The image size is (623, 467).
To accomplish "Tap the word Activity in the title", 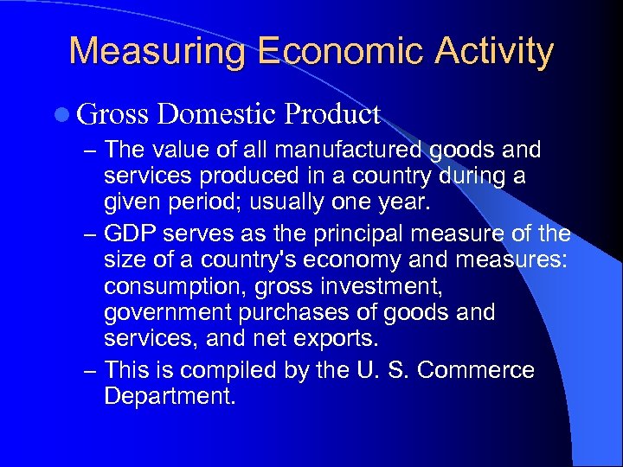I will pyautogui.click(x=493, y=51).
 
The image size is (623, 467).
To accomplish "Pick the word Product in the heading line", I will pyautogui.click(x=332, y=113).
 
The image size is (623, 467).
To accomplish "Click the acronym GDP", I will pyautogui.click(x=129, y=233).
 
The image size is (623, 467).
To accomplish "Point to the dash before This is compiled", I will pyautogui.click(x=90, y=370).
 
